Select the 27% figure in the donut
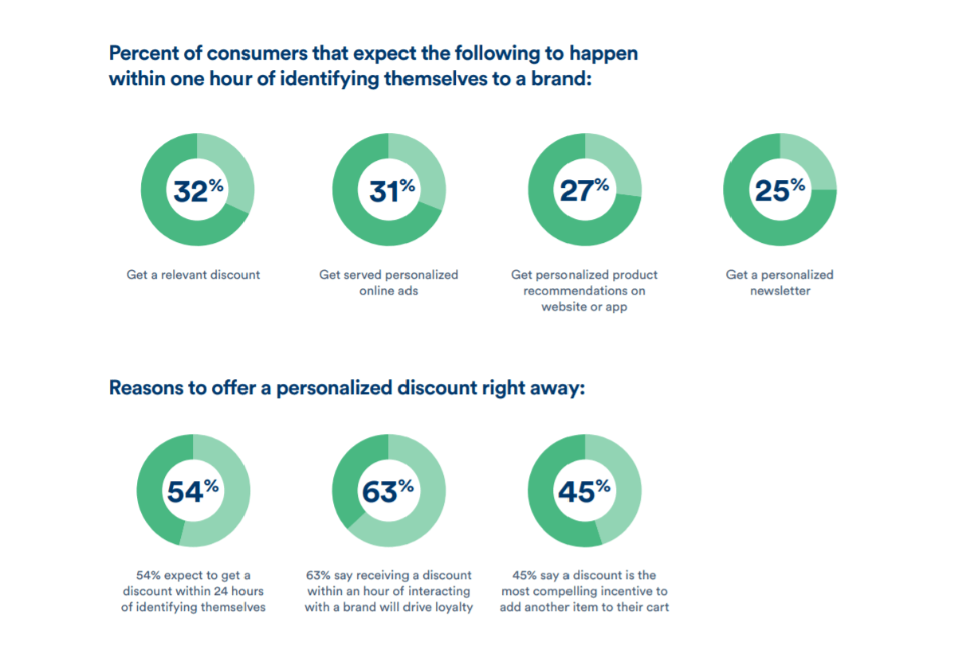pos(583,191)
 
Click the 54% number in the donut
pos(192,491)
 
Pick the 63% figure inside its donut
pos(387,491)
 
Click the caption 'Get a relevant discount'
pos(193,275)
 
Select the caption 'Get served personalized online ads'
pos(389,283)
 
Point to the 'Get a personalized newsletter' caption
pos(780,283)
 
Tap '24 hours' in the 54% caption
pos(237,591)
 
